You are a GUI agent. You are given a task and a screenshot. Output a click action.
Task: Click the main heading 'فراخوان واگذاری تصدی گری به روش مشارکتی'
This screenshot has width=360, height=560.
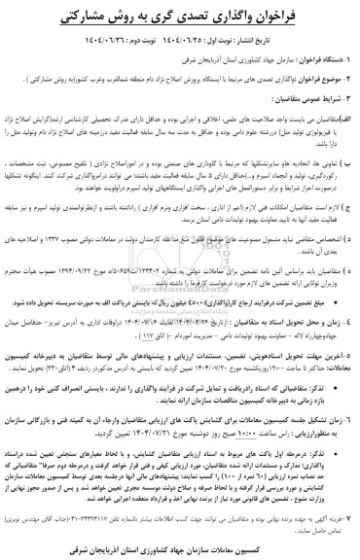point(180,17)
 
